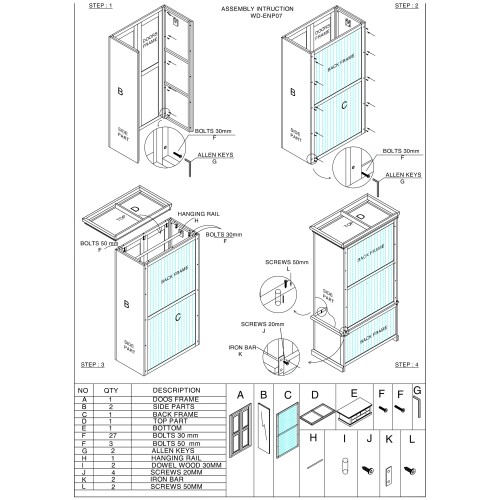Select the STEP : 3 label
[97, 366]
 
